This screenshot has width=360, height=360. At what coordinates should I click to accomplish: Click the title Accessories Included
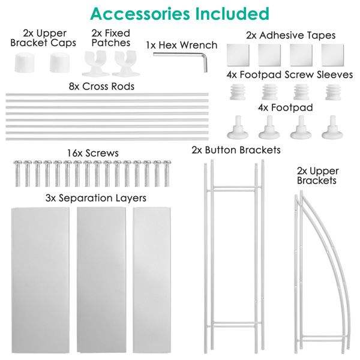coord(180,13)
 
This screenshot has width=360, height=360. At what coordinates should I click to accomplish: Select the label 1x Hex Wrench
coord(182,44)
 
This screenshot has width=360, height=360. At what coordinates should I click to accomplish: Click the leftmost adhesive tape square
coord(238,56)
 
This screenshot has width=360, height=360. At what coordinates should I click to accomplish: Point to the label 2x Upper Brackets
coord(317,175)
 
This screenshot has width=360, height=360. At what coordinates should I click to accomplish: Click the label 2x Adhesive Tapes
coord(290,35)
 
